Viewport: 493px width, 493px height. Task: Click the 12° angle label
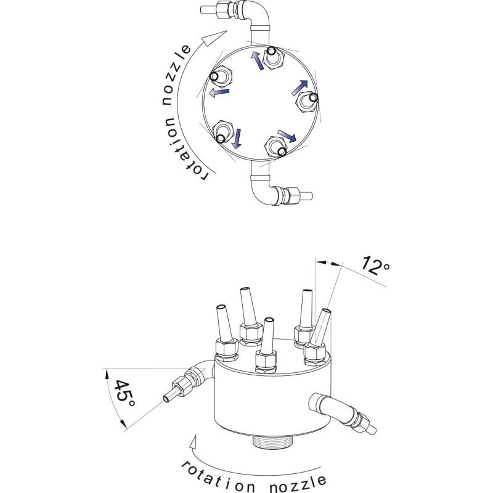pos(375,266)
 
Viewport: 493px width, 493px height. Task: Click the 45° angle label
pos(125,393)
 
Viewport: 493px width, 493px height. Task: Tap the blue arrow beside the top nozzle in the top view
pos(257,60)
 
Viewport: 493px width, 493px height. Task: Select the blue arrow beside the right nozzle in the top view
pos(299,87)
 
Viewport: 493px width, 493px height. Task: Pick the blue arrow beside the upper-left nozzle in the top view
pos(219,92)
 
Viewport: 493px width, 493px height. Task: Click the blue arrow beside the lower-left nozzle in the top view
pos(237,138)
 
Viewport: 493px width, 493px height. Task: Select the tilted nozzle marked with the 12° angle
pos(321,327)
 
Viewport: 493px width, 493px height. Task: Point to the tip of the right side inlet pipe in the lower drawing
pos(373,430)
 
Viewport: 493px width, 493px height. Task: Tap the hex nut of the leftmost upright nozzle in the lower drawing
pos(227,348)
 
